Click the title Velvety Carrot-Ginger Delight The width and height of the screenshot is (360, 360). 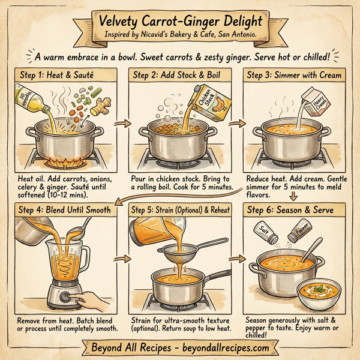pos(179,21)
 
